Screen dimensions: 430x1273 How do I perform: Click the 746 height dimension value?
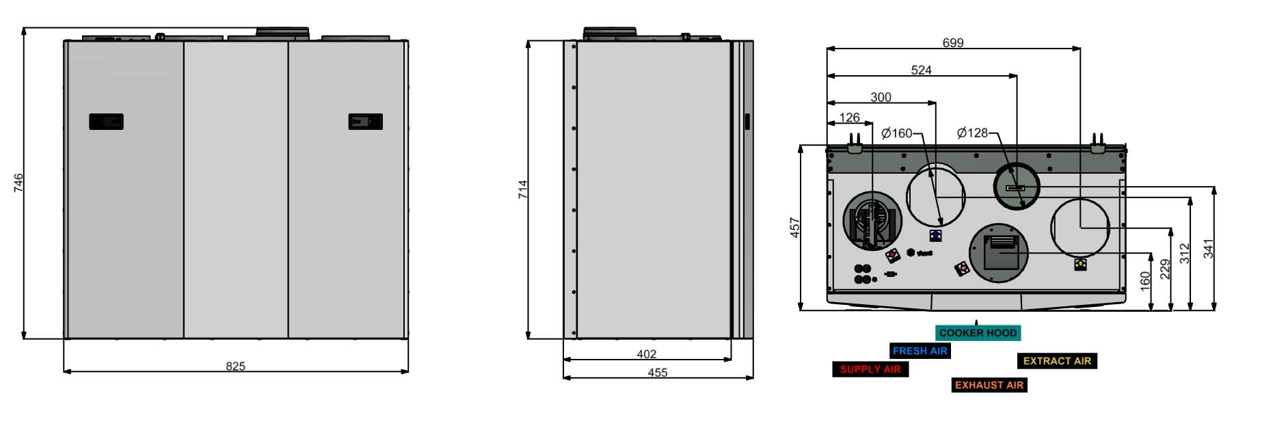point(18,183)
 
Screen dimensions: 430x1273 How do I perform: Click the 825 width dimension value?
point(235,366)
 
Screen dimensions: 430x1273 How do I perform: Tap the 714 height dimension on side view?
point(523,189)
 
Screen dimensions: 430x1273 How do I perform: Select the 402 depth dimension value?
point(646,354)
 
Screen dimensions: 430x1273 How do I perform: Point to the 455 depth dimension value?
point(657,373)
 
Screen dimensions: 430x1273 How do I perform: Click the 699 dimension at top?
point(952,43)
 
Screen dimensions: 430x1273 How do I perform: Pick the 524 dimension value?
point(921,70)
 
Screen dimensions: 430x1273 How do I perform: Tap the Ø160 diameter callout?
point(897,133)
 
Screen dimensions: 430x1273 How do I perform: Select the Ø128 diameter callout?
point(972,133)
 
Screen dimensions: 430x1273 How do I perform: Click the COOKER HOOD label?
point(978,333)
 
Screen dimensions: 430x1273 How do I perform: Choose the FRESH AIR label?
point(920,351)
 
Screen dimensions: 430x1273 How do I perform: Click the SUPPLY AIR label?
point(870,369)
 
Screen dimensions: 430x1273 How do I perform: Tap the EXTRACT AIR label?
point(1056,361)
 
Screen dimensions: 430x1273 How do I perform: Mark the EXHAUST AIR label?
point(989,385)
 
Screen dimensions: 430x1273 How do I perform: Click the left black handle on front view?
point(106,122)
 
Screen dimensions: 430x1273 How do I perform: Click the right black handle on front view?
point(365,122)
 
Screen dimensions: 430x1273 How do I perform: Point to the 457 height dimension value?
point(794,228)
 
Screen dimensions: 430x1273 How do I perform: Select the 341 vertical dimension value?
point(1209,248)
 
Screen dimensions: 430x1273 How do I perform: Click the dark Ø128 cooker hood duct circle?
point(1016,186)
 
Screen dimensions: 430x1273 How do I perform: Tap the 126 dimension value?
point(849,118)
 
